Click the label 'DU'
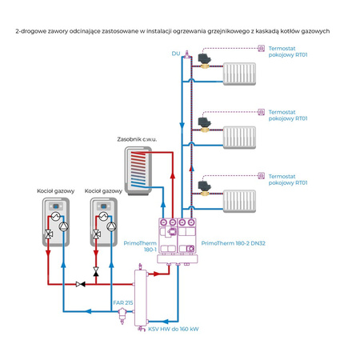[175, 54]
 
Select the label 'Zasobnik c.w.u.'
[136, 138]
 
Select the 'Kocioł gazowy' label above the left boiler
[55, 191]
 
